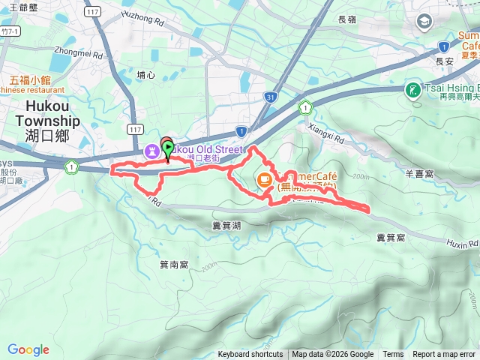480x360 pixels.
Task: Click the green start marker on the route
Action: (167, 148)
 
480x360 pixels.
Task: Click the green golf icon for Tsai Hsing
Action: (412, 91)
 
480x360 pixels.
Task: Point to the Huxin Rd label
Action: (463, 243)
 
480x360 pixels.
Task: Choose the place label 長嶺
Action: (346, 20)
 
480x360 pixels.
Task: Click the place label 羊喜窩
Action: (419, 172)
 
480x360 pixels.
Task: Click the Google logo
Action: (28, 349)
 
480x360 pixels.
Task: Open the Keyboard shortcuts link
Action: (250, 355)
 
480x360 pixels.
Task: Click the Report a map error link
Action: (445, 355)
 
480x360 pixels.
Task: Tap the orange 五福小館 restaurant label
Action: (30, 81)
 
